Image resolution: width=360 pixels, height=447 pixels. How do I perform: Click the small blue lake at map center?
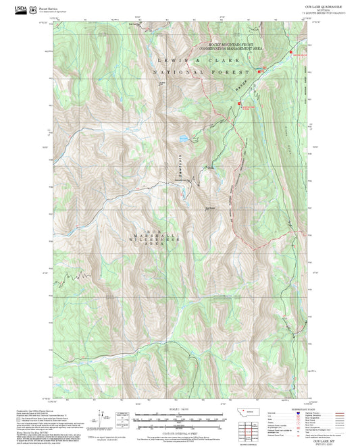click(x=182, y=139)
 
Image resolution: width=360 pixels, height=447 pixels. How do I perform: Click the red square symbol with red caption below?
click(x=238, y=103)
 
